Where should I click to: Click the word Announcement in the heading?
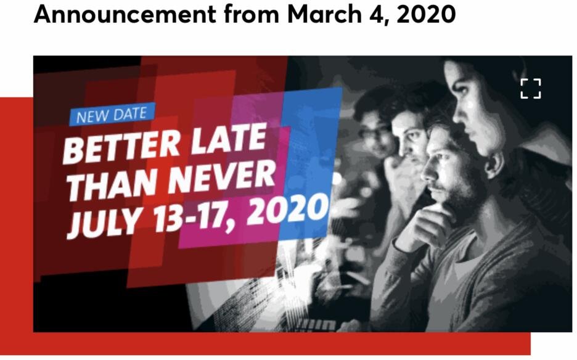tap(125, 14)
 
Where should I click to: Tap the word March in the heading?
tap(324, 14)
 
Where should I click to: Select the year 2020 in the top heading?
tap(426, 14)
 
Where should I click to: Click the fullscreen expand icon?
tap(531, 88)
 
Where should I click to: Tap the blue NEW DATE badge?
tap(112, 115)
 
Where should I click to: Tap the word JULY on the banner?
tap(106, 222)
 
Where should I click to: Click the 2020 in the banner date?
tap(287, 209)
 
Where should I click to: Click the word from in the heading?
tap(251, 14)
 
